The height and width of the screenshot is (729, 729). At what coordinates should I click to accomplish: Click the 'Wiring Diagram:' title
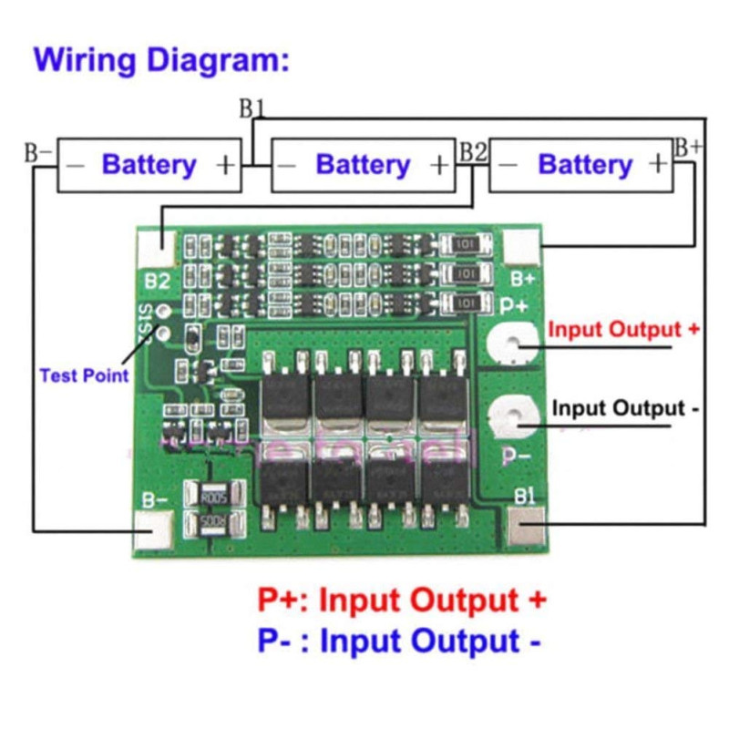coord(161,62)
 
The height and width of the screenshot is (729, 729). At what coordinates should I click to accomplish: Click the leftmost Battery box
coord(149,165)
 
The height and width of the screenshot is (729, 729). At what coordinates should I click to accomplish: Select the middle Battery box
coord(364,165)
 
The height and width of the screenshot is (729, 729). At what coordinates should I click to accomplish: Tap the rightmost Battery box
coord(581,165)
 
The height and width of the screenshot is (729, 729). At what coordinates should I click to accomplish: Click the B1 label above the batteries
coord(252,108)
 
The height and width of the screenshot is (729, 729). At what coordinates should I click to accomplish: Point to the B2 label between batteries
coord(473,150)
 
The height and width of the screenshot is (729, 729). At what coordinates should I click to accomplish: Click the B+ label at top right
coord(688,146)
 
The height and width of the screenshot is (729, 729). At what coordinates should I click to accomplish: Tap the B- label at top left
coord(38,151)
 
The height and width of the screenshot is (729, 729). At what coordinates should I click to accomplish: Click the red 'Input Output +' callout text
coord(624,330)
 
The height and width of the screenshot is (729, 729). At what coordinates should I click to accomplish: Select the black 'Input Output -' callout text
coord(625,408)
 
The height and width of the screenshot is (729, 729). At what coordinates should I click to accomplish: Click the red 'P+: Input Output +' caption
coord(402,601)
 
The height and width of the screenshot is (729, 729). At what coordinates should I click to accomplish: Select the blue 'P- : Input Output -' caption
coord(399,642)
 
